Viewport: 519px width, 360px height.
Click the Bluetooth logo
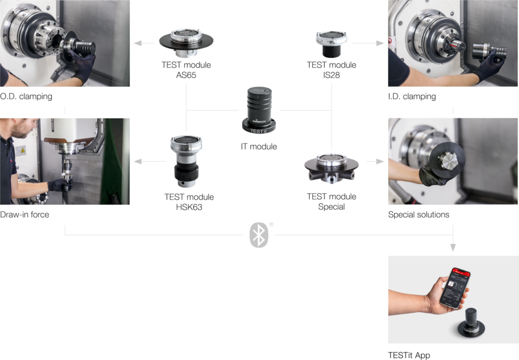pyautogui.click(x=259, y=235)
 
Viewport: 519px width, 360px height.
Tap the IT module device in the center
pyautogui.click(x=259, y=111)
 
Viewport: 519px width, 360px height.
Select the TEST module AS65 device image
pyautogui.click(x=187, y=43)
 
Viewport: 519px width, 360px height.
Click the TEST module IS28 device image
pyautogui.click(x=331, y=44)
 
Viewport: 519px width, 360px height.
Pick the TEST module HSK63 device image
pyautogui.click(x=187, y=161)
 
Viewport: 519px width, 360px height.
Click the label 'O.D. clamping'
pyautogui.click(x=26, y=96)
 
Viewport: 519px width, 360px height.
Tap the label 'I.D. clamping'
pyautogui.click(x=412, y=96)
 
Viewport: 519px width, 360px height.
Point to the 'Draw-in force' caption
pyautogui.click(x=24, y=214)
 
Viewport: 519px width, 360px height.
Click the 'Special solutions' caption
pyautogui.click(x=419, y=214)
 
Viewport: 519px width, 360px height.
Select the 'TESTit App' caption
pyautogui.click(x=409, y=355)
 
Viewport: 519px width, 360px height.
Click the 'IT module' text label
pyautogui.click(x=259, y=147)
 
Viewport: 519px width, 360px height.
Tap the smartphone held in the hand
pyautogui.click(x=456, y=287)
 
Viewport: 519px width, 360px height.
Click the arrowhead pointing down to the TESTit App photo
pyautogui.click(x=453, y=247)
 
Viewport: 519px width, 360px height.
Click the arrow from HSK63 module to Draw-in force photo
pyautogui.click(x=150, y=161)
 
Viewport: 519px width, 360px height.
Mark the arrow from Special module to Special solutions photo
pyautogui.click(x=376, y=161)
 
